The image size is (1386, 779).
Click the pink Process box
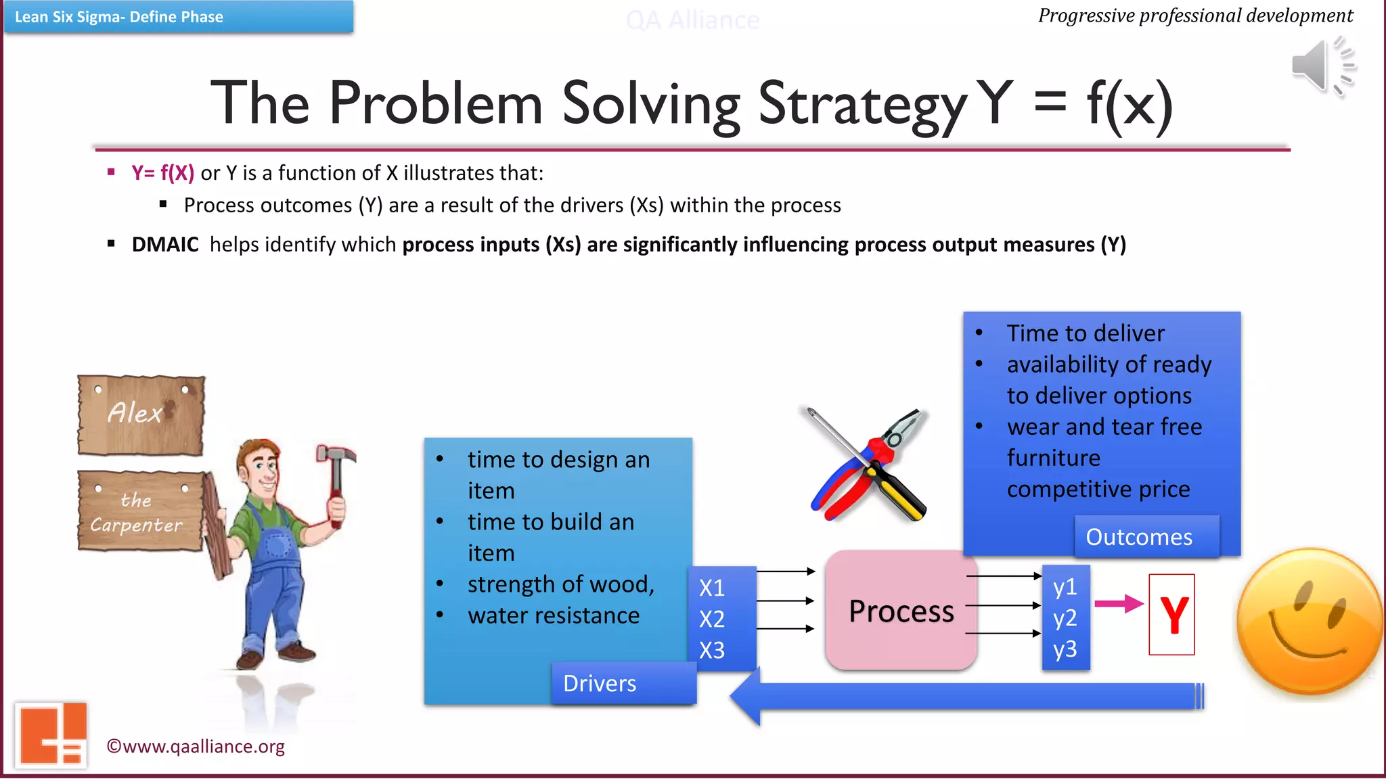(901, 611)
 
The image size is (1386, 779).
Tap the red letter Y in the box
(1173, 615)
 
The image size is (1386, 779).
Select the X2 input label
(712, 619)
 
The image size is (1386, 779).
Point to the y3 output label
(1065, 649)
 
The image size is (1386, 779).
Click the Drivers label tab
(600, 683)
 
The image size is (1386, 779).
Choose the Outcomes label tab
(1139, 537)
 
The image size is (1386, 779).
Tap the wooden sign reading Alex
(141, 414)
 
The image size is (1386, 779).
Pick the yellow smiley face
(1308, 622)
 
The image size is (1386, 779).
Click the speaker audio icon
(1322, 66)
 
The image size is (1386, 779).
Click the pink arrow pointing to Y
(1118, 603)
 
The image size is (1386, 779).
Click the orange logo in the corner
(51, 734)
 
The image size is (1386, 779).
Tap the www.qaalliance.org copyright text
(196, 747)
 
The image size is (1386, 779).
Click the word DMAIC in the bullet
(165, 244)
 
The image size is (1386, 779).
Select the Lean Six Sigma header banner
(179, 17)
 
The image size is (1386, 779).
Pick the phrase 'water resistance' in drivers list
(554, 615)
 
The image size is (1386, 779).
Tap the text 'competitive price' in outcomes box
(1098, 489)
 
